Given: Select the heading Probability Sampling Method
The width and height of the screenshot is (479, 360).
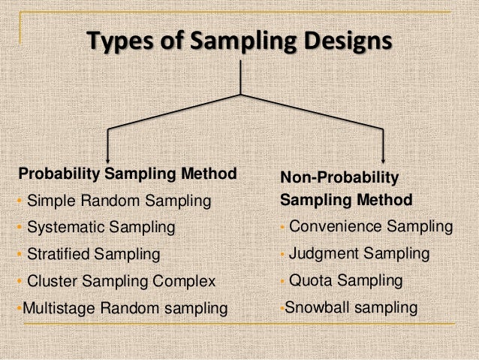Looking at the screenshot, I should (x=127, y=175).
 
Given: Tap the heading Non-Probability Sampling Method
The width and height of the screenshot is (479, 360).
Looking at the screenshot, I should (x=346, y=189).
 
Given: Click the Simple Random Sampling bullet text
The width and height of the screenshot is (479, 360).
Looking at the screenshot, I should (x=119, y=201).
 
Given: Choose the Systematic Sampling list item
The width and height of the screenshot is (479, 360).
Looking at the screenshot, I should (x=101, y=227).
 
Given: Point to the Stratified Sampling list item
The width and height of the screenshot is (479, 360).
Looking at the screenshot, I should (x=93, y=254).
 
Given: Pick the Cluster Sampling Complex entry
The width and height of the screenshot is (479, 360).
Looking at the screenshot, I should (x=121, y=281).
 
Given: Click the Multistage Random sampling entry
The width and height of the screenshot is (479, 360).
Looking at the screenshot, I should (x=125, y=307).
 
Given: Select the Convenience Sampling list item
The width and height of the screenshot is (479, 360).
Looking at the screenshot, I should (x=370, y=226).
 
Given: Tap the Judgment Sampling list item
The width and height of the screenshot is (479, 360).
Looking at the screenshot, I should (x=359, y=253).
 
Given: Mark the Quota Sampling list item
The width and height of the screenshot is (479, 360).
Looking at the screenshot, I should (x=345, y=280).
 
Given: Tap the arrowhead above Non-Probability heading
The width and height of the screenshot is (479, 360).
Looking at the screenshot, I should (x=384, y=158).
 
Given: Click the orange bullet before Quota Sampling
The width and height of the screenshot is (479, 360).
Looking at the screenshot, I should (x=282, y=281).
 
